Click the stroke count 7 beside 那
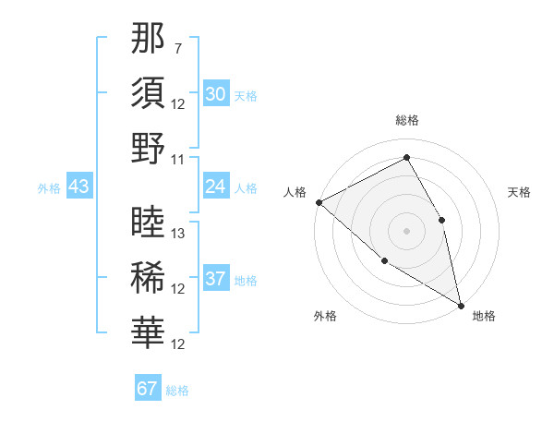click(178, 48)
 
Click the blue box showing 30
click(215, 94)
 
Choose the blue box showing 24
click(215, 187)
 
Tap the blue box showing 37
click(215, 280)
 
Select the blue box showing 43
click(78, 187)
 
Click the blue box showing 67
click(148, 389)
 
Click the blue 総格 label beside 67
click(177, 391)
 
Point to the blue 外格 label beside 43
click(49, 188)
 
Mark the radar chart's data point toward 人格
click(318, 202)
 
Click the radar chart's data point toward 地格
click(461, 305)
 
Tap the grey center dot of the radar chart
click(406, 230)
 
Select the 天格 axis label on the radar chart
click(519, 192)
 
